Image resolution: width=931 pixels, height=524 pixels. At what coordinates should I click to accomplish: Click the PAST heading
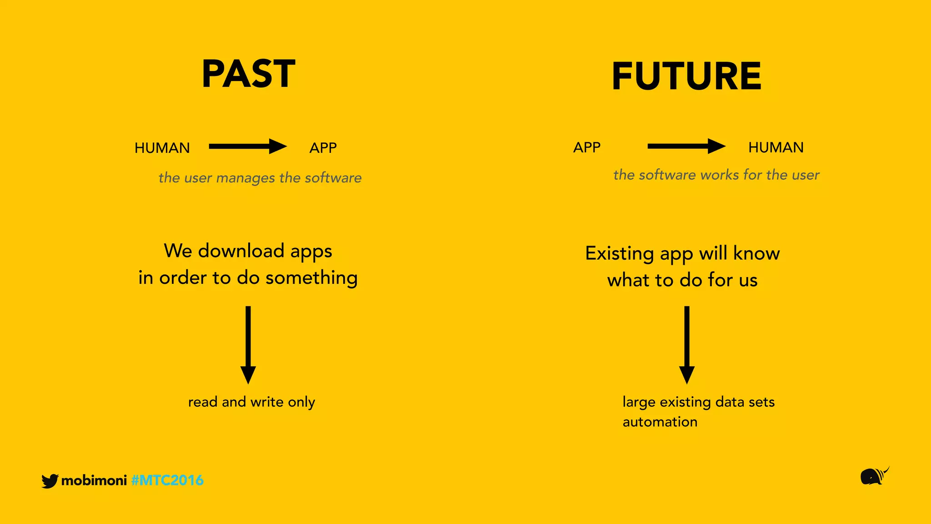click(248, 74)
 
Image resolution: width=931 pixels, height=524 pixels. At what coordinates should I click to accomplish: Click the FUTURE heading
click(686, 76)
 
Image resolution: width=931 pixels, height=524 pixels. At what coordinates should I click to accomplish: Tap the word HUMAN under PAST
click(162, 148)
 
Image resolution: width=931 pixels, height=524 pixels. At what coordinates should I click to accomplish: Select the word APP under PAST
click(323, 148)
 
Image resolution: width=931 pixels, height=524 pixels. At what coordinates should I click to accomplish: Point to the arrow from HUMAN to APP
click(248, 146)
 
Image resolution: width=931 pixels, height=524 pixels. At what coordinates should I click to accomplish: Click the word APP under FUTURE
click(586, 147)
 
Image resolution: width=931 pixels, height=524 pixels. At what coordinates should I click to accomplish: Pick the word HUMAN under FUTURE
click(776, 147)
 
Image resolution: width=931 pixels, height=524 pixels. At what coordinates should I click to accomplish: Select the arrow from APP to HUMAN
click(686, 146)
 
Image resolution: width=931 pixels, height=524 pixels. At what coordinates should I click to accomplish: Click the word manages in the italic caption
click(245, 178)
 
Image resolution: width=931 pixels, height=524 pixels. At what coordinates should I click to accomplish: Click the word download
click(241, 251)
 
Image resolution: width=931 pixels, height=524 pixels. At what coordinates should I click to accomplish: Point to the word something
click(311, 277)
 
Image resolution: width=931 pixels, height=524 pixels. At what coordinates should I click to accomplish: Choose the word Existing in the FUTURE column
click(620, 253)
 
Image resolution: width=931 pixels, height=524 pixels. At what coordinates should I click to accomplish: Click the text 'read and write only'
click(251, 402)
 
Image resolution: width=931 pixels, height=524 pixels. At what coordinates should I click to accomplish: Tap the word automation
click(660, 422)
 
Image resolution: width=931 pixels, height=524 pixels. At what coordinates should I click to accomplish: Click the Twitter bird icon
click(50, 481)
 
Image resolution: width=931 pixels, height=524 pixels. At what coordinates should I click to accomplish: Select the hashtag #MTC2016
click(167, 480)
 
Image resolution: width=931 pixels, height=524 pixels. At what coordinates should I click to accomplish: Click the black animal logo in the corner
click(874, 476)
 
